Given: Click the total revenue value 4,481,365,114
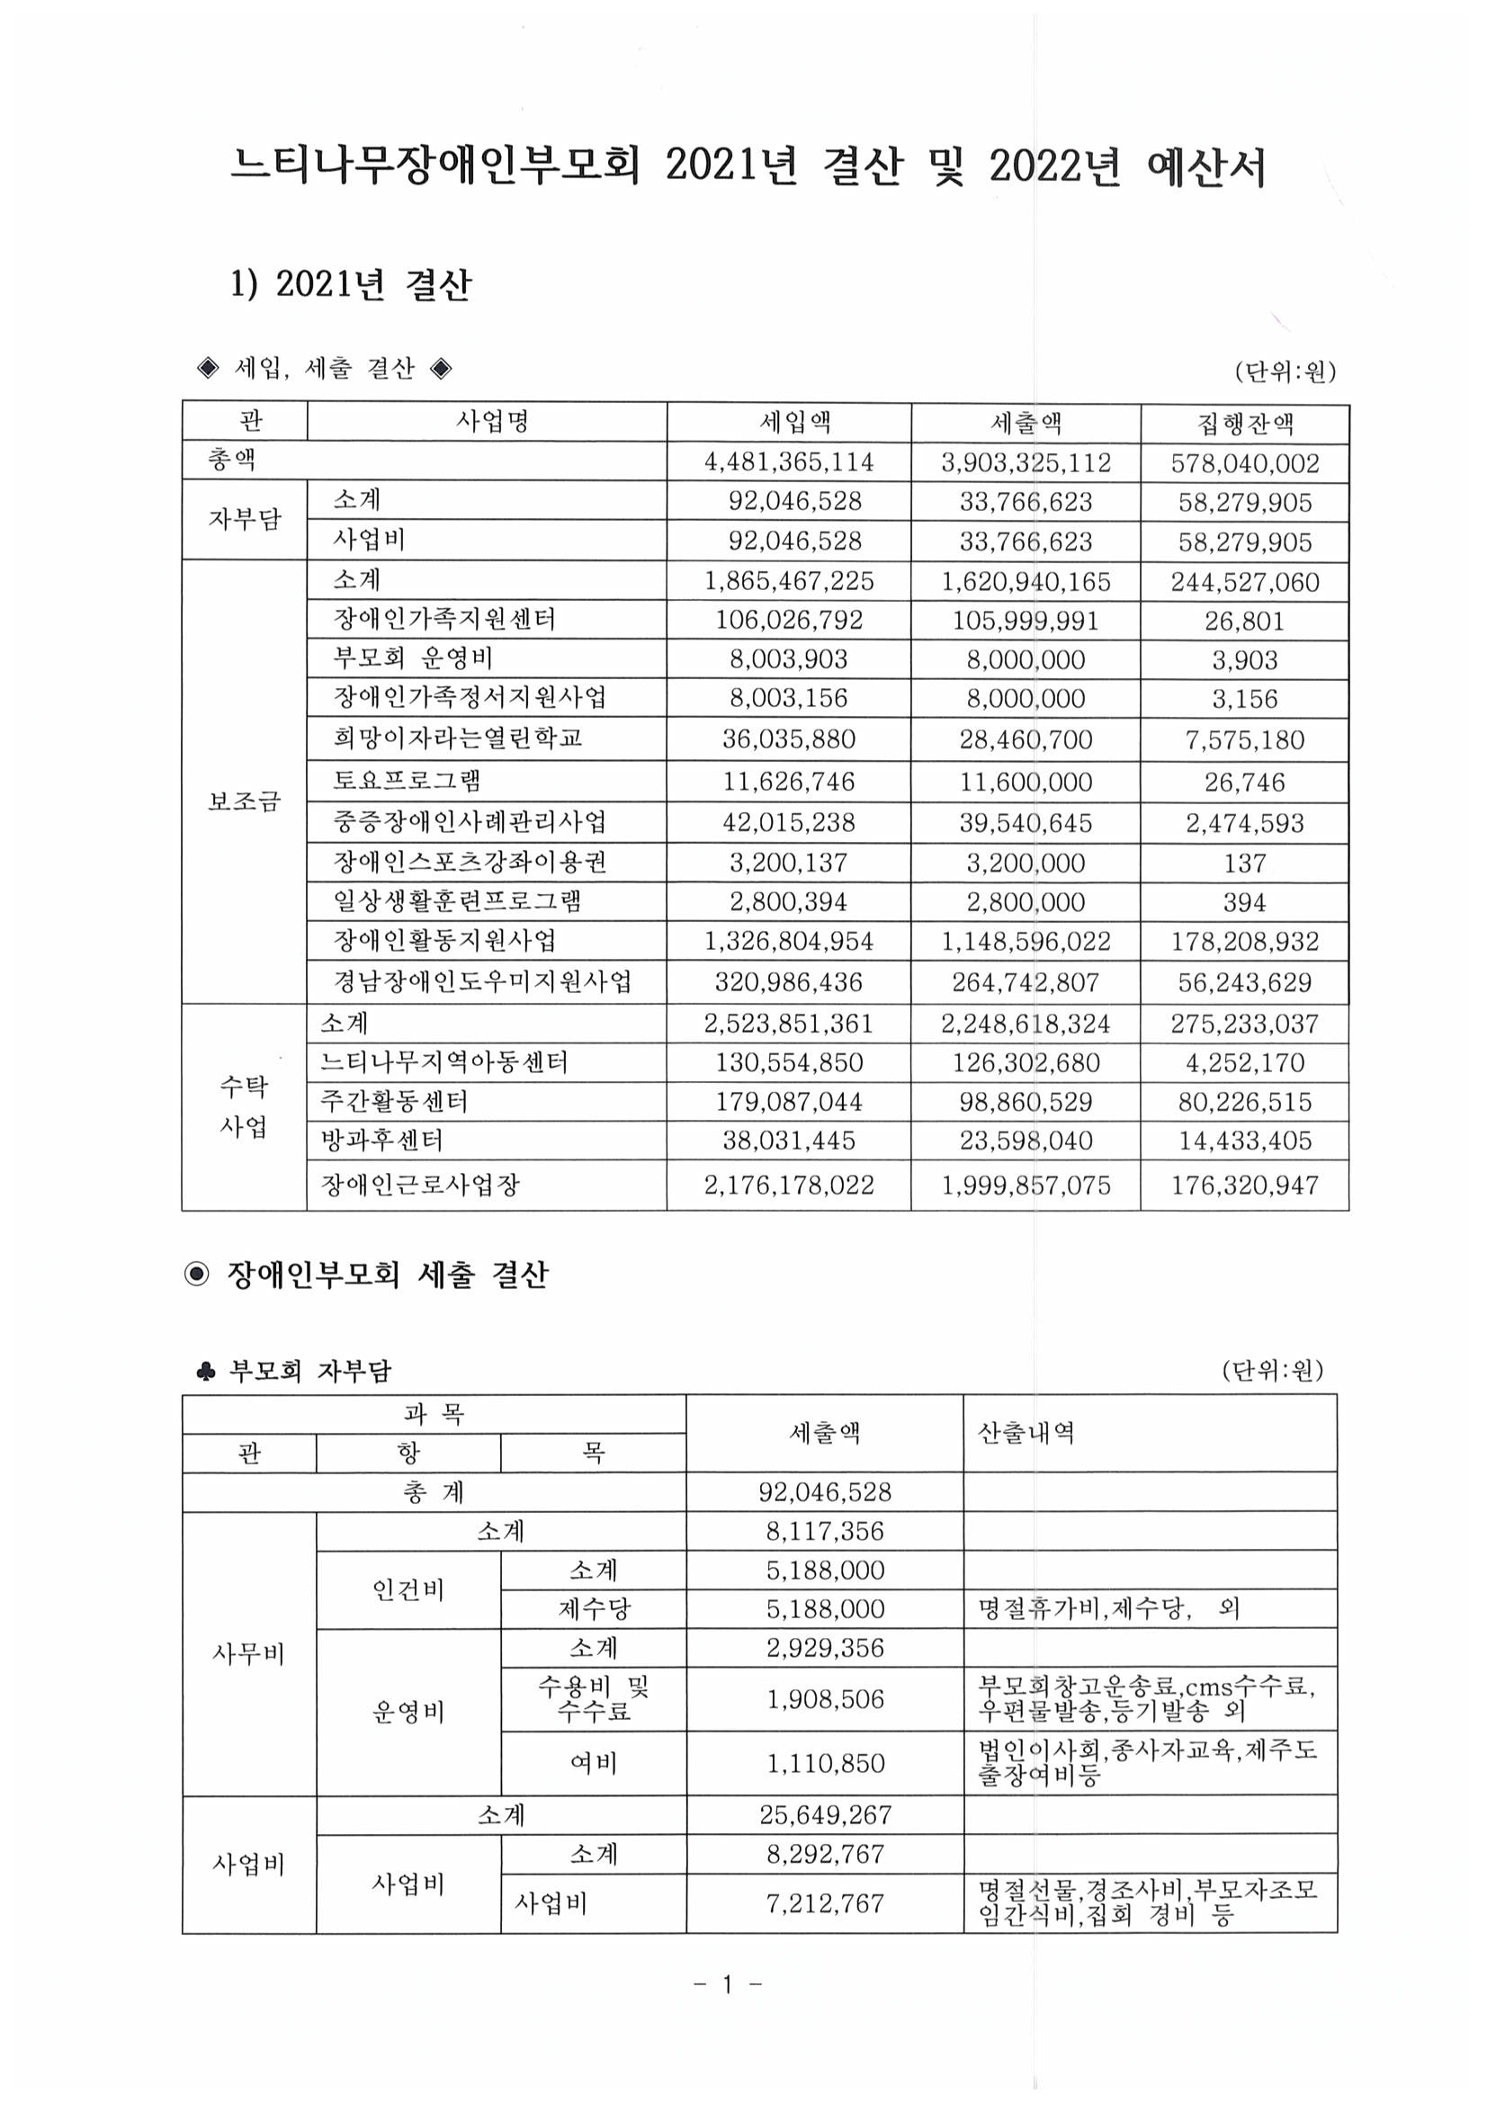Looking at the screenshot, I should tap(789, 461).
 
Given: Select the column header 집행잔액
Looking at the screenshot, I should tap(1244, 423).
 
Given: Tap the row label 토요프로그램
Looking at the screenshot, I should tap(407, 781).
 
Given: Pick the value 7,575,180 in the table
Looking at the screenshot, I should tap(1244, 739).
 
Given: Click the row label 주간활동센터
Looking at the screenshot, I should tap(394, 1101).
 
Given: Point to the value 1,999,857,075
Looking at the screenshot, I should tap(1026, 1186).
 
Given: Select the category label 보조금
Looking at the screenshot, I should tap(244, 801).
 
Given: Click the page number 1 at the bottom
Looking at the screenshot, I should tap(729, 1984).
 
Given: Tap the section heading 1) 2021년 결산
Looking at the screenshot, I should tap(351, 285).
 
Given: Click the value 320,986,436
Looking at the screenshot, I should tap(789, 982).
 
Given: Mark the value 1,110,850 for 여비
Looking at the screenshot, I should tap(825, 1763).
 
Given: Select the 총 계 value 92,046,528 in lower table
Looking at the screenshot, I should tap(825, 1492).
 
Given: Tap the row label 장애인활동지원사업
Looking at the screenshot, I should tap(444, 941).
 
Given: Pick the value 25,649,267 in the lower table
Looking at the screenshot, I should tap(825, 1814).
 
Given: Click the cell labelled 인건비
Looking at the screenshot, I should tap(408, 1589).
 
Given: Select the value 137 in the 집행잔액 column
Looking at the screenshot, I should tap(1244, 863).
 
